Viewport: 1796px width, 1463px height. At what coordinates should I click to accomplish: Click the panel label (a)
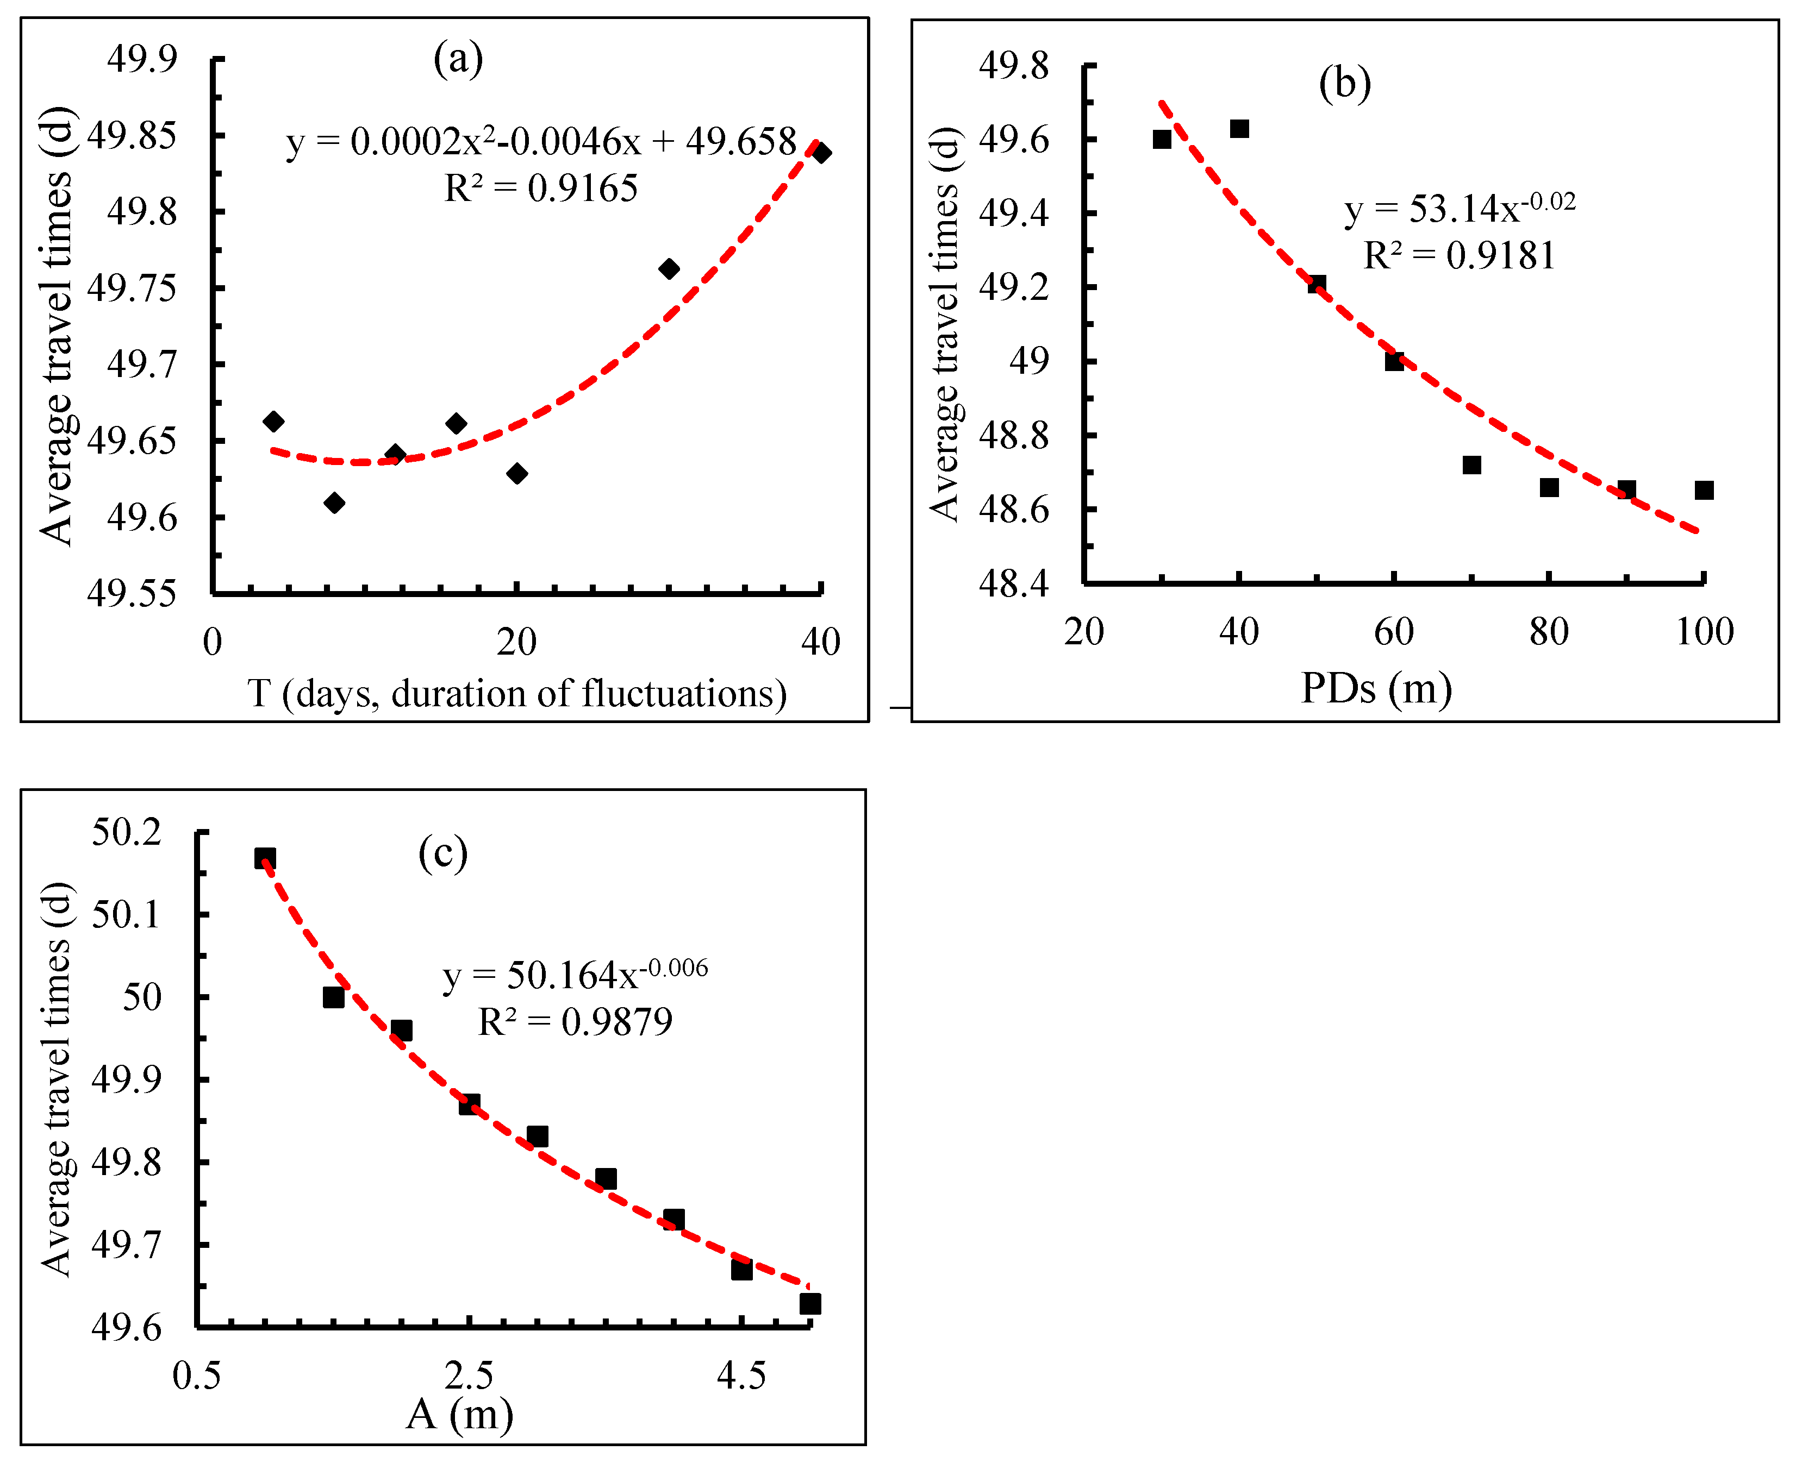tap(458, 59)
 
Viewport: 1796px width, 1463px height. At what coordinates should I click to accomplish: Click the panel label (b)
tap(1344, 84)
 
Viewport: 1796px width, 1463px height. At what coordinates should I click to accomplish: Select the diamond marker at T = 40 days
tap(820, 153)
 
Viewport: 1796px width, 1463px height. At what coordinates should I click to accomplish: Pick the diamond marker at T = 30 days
tap(669, 269)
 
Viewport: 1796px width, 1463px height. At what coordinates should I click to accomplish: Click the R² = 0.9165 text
tap(540, 189)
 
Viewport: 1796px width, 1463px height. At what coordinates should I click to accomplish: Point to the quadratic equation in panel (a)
tap(540, 142)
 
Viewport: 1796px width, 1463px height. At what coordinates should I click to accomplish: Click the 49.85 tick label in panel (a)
tap(133, 135)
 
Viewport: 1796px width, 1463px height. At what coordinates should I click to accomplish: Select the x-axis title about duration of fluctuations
tap(517, 694)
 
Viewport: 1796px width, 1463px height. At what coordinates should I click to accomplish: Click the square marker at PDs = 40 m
tap(1239, 129)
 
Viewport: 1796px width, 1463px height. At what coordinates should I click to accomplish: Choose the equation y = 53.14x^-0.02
tap(1459, 208)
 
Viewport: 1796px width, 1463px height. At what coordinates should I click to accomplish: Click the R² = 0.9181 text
tap(1459, 255)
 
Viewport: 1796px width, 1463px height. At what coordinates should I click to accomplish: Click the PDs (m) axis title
tap(1376, 688)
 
